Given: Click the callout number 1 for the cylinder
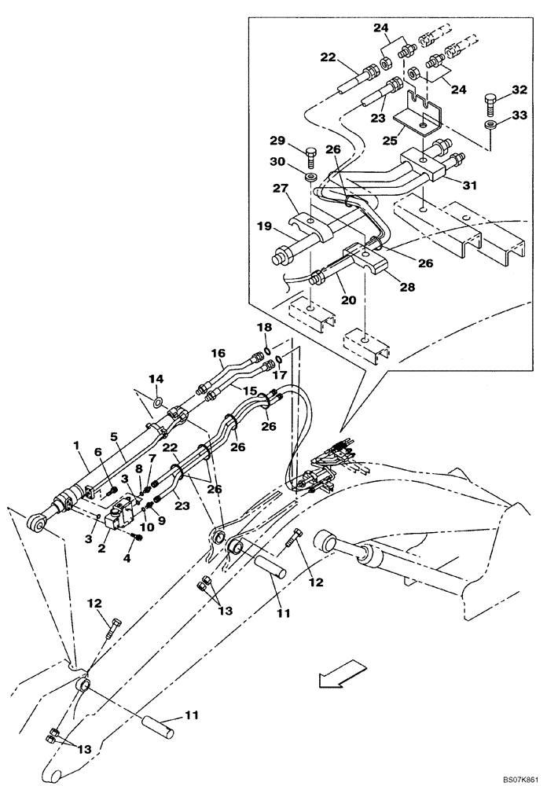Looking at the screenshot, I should coord(77,446).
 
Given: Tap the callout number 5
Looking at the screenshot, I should coord(113,436).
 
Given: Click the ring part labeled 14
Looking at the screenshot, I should coord(158,403).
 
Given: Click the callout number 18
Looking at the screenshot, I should coord(266,326).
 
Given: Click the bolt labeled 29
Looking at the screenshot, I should coord(309,154).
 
